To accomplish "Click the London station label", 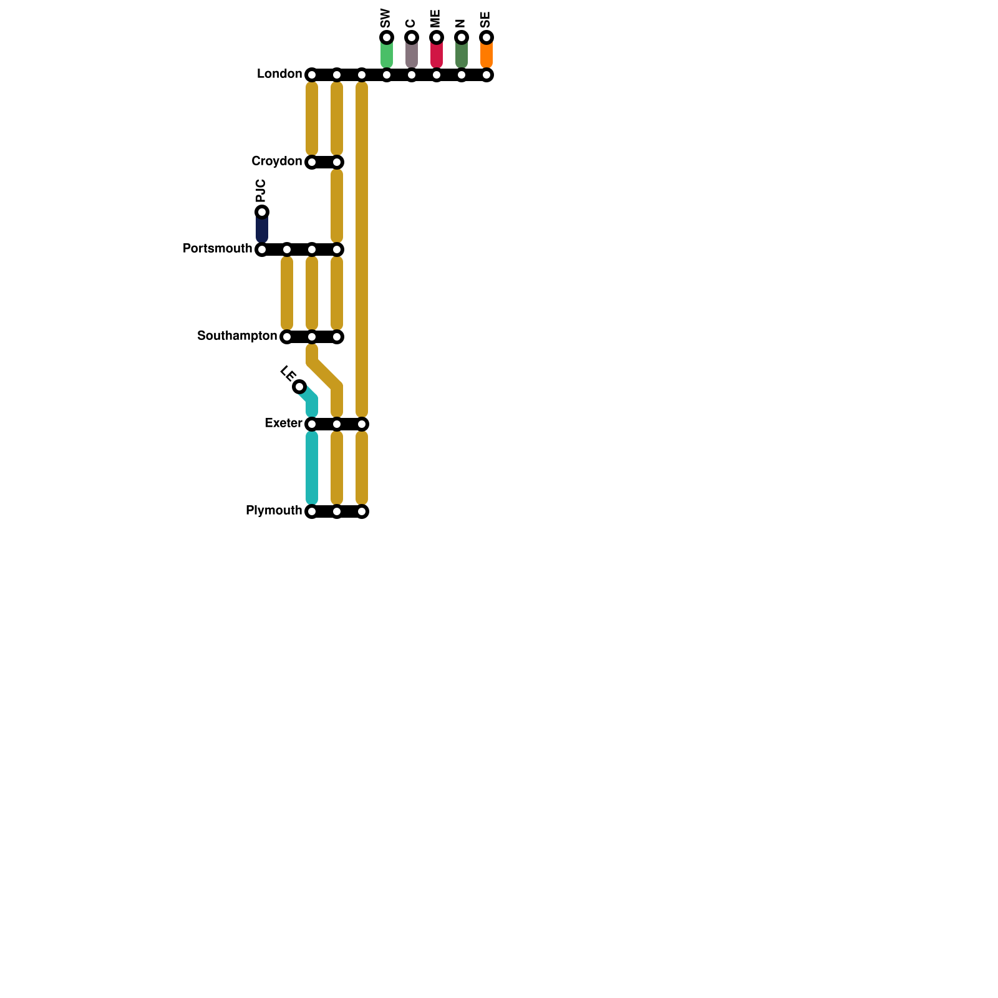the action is [x=279, y=74].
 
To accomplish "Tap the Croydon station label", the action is [x=276, y=162].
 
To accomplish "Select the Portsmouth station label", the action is [x=217, y=249].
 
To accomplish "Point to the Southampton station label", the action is [x=237, y=336].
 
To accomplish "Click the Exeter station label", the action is [x=283, y=424].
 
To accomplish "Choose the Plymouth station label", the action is [x=274, y=511].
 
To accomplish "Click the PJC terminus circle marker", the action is [x=262, y=212].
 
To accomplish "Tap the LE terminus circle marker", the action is [x=299, y=387].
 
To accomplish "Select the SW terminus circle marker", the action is [x=387, y=37].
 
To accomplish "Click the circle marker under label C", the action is [x=412, y=37].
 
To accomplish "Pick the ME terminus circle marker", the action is [x=437, y=37].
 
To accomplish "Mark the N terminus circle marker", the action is [x=462, y=37].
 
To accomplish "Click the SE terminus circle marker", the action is [x=487, y=37].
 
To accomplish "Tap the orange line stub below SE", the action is [x=487, y=55].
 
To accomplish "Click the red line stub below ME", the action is [x=437, y=55].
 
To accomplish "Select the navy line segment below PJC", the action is [x=262, y=230].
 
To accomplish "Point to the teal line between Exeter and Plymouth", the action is [x=312, y=468].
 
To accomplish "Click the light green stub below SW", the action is [x=387, y=55].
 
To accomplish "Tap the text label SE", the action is [x=486, y=19].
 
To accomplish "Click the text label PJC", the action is [x=261, y=190].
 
